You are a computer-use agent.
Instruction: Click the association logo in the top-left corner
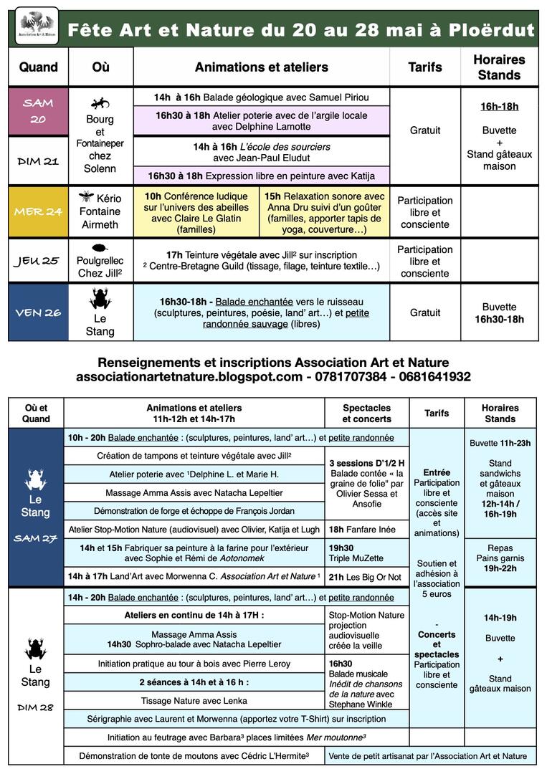[37, 27]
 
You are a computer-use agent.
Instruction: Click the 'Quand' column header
[39, 67]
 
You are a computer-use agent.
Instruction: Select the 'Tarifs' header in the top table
[425, 67]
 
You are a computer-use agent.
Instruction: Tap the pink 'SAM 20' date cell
[38, 111]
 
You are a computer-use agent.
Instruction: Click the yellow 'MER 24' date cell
[38, 212]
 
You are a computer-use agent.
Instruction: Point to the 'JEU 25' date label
[38, 261]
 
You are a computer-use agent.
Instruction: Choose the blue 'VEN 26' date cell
[38, 312]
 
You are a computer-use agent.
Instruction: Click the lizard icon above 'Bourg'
[100, 102]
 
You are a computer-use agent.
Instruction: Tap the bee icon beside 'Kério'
[87, 196]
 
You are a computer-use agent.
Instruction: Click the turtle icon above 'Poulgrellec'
[100, 248]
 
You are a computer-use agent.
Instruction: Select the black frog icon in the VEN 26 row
[100, 298]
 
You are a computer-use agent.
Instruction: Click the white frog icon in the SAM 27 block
[36, 479]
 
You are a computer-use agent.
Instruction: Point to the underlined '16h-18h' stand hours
[499, 107]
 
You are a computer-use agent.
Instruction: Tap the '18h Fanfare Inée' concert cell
[366, 529]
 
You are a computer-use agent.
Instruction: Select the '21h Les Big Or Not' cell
[366, 577]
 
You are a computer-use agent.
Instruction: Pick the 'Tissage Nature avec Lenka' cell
[194, 700]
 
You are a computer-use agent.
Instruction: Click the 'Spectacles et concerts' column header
[366, 414]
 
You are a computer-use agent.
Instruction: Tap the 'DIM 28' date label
[36, 707]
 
